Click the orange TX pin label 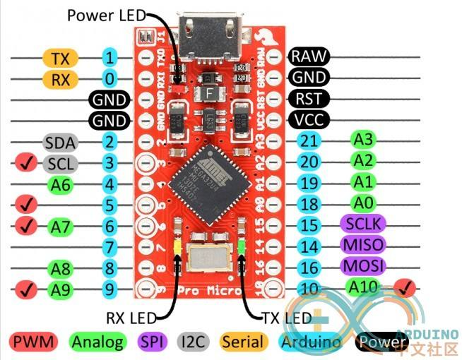pyautogui.click(x=61, y=57)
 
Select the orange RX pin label pyautogui.click(x=61, y=78)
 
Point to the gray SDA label pyautogui.click(x=60, y=143)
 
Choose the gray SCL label pyautogui.click(x=60, y=164)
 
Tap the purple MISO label pyautogui.click(x=362, y=246)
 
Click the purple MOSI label pyautogui.click(x=362, y=267)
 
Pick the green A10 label pyautogui.click(x=363, y=286)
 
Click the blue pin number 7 pyautogui.click(x=108, y=247)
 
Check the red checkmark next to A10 pyautogui.click(x=405, y=287)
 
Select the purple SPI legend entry pyautogui.click(x=151, y=342)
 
